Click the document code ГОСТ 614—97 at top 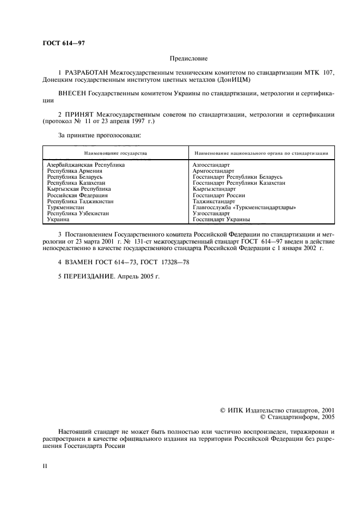click(x=63, y=42)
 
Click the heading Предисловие click(x=188, y=58)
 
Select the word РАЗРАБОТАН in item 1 click(x=86, y=72)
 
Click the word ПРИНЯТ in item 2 click(x=80, y=114)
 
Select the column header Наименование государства click(x=115, y=154)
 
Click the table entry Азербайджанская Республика click(x=86, y=165)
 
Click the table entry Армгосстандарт click(x=213, y=171)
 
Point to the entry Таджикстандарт click(x=214, y=201)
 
